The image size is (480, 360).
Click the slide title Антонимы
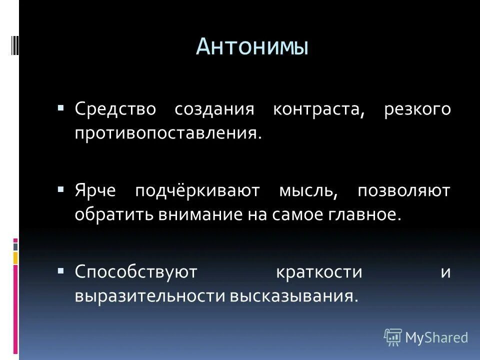[252, 46]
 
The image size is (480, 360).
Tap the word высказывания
[294, 296]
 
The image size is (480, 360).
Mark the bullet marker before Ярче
[61, 190]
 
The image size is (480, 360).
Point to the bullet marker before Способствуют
[61, 271]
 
